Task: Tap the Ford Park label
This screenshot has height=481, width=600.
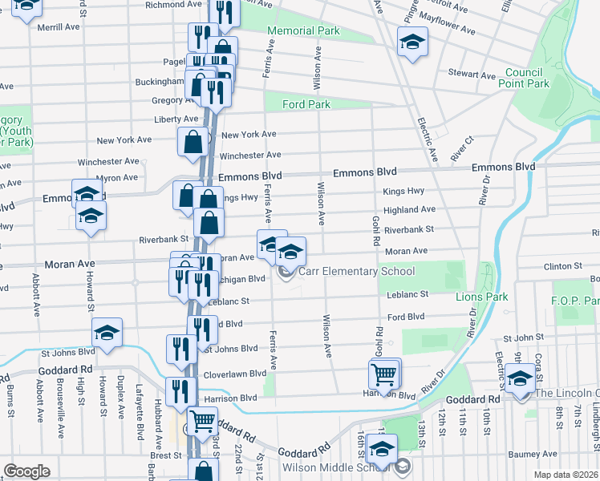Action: [x=306, y=104]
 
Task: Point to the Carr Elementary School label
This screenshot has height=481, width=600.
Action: [x=356, y=272]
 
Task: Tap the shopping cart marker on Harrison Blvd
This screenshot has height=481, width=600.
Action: [x=384, y=373]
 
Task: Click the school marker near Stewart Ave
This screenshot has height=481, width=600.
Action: [x=412, y=41]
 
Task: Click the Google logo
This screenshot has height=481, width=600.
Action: [x=26, y=471]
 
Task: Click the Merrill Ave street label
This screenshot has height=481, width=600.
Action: [x=59, y=26]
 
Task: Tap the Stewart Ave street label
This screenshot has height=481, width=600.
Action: [x=472, y=75]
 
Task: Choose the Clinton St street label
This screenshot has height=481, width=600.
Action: [x=562, y=265]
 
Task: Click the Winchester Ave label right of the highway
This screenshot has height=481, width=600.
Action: [x=250, y=155]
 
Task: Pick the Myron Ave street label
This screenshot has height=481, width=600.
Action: [x=116, y=178]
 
